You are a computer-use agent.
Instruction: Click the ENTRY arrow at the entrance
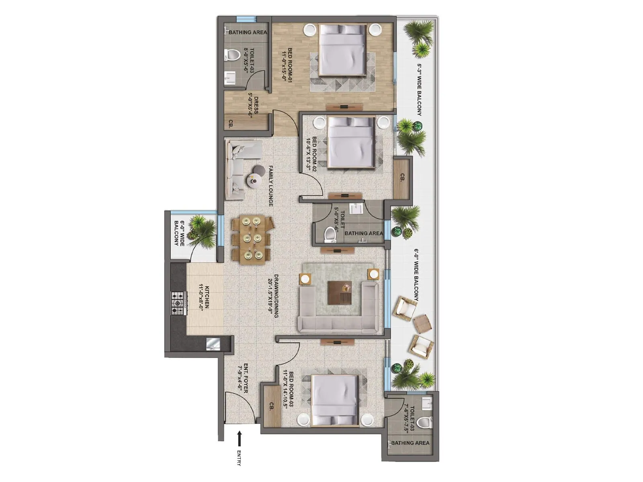[239, 438]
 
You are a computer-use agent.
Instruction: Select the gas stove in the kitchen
[177, 302]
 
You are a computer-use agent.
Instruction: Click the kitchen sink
[212, 344]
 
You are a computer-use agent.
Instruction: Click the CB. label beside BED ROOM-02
[402, 177]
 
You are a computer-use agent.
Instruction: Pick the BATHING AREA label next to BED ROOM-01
[248, 32]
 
